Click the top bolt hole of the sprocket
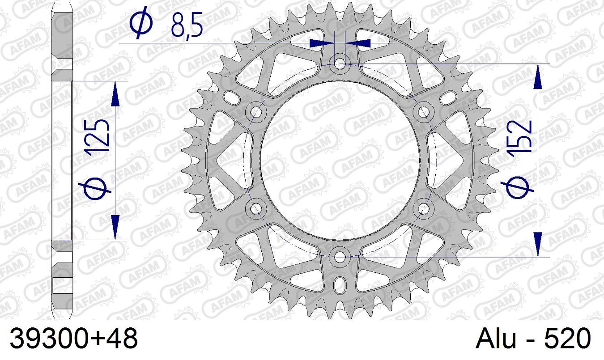tap(340, 64)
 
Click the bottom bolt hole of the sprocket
tap(340, 257)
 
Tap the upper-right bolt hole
tap(423, 111)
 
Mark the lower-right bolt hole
tap(423, 208)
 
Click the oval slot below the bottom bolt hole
tap(340, 285)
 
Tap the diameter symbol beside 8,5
tap(141, 23)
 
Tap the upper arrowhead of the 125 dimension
tap(115, 94)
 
